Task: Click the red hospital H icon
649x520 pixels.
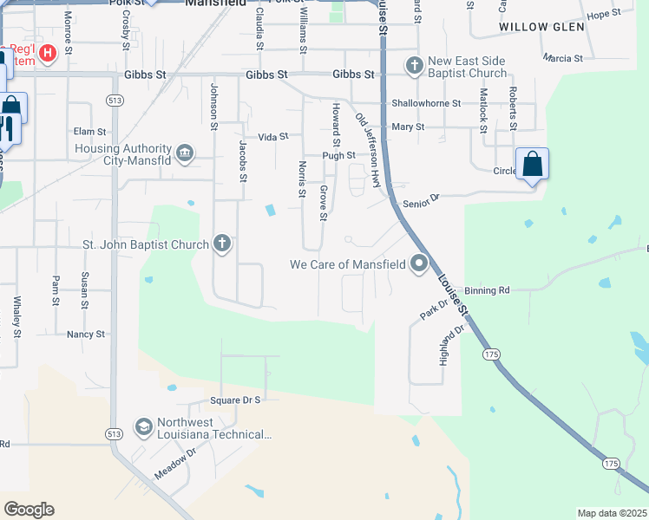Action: [48, 54]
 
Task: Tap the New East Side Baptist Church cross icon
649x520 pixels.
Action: [415, 65]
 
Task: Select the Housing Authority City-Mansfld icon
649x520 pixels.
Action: [184, 154]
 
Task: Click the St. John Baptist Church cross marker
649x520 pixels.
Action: [222, 244]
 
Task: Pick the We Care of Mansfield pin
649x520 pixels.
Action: [420, 263]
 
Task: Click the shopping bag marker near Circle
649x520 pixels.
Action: [532, 164]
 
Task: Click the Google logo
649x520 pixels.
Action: [29, 510]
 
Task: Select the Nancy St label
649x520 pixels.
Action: [86, 334]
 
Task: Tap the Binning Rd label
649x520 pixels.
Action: [486, 290]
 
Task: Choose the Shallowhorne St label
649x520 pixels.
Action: [424, 101]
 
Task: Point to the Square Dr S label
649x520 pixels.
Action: [235, 400]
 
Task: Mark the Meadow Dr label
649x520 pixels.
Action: [176, 464]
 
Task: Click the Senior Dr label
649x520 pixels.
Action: [422, 200]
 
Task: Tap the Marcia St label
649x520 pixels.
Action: [562, 58]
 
